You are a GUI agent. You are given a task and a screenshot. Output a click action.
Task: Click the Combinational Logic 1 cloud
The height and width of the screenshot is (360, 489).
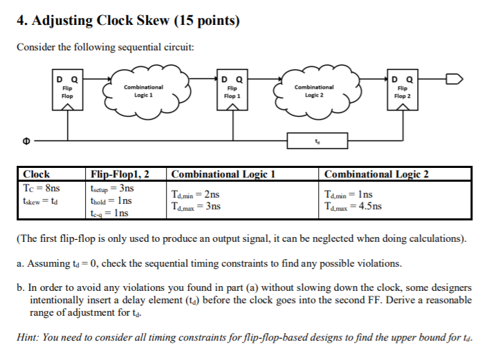tap(144, 91)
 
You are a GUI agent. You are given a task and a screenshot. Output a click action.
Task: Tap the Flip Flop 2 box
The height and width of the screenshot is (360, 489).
tap(401, 92)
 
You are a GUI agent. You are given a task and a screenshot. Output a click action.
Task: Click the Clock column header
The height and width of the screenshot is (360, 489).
tap(37, 174)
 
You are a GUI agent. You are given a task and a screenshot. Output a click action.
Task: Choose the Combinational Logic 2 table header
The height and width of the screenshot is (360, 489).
tap(376, 174)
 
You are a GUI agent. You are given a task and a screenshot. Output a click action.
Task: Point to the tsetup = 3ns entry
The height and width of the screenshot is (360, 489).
tap(112, 188)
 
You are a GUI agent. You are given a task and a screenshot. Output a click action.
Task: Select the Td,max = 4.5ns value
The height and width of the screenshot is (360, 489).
tap(354, 207)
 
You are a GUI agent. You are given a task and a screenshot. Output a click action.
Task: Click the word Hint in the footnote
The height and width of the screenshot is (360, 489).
tap(28, 337)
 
